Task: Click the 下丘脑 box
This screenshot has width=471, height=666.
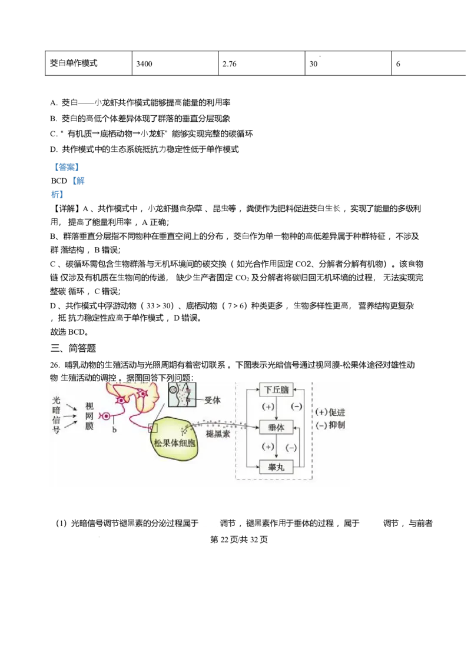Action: click(x=276, y=389)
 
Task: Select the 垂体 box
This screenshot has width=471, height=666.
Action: click(x=276, y=428)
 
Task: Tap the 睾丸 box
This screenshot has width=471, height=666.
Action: click(x=276, y=467)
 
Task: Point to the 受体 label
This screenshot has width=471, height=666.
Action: click(x=212, y=401)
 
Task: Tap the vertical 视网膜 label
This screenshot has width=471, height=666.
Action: click(x=89, y=417)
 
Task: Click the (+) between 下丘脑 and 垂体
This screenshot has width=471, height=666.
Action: click(x=268, y=407)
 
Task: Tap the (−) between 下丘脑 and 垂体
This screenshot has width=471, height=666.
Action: click(x=297, y=407)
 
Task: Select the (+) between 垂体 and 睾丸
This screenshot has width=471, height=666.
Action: click(x=268, y=447)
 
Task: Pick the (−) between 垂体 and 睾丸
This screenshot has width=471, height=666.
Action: click(x=290, y=447)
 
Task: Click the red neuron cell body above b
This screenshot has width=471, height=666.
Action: click(x=106, y=417)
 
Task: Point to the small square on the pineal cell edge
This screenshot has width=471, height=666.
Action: click(x=153, y=428)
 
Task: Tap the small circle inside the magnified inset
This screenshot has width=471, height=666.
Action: click(x=174, y=389)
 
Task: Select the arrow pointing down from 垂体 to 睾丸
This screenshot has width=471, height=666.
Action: click(x=276, y=449)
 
